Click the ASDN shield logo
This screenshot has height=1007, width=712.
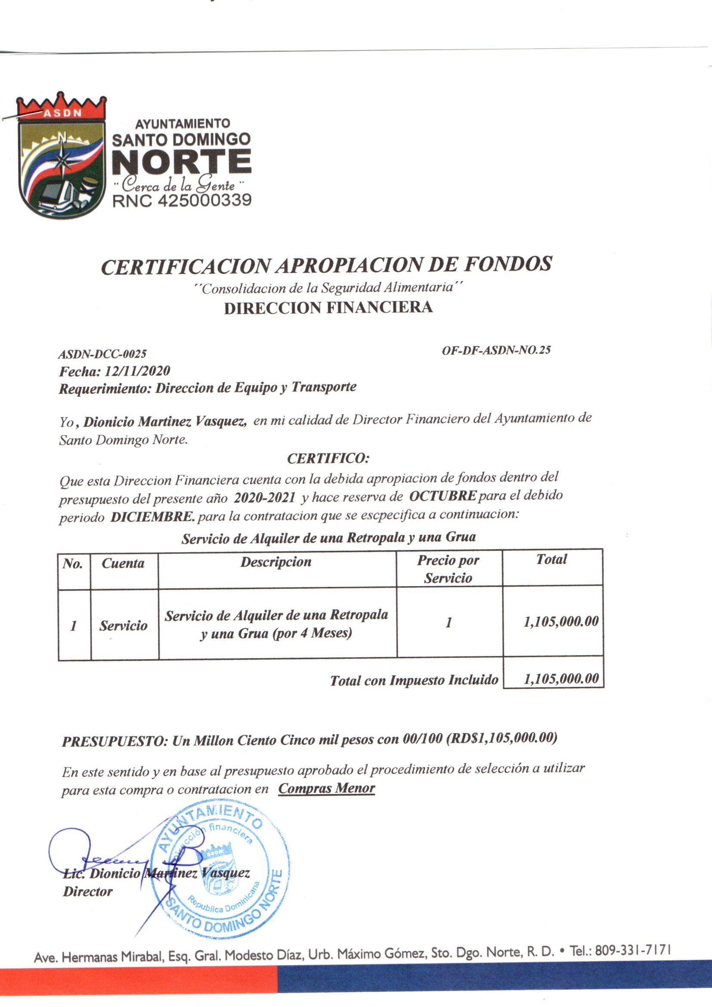[x=62, y=155]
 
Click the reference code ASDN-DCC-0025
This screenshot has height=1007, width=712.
[x=102, y=354]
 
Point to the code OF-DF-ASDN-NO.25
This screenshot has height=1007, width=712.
[x=496, y=350]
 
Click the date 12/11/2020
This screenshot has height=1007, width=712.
[x=137, y=371]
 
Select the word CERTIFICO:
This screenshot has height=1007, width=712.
[x=328, y=459]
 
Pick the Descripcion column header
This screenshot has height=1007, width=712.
[x=276, y=562]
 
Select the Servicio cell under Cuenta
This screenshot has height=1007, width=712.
[x=123, y=625]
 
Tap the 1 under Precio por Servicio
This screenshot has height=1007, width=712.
[x=448, y=623]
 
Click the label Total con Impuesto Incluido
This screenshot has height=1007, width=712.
[x=414, y=680]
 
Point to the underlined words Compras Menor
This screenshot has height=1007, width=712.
[x=327, y=788]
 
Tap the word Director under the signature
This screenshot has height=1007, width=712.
[x=88, y=891]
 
